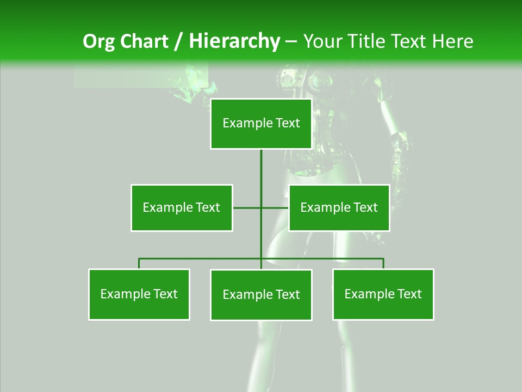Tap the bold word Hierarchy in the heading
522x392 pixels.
point(234,41)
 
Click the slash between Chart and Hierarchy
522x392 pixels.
point(178,41)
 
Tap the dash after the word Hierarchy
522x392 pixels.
point(291,42)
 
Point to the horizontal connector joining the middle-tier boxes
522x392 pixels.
point(247,207)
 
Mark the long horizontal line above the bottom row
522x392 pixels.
point(201,259)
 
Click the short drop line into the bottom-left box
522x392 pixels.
point(139,264)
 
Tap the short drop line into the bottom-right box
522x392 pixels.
point(383,264)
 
